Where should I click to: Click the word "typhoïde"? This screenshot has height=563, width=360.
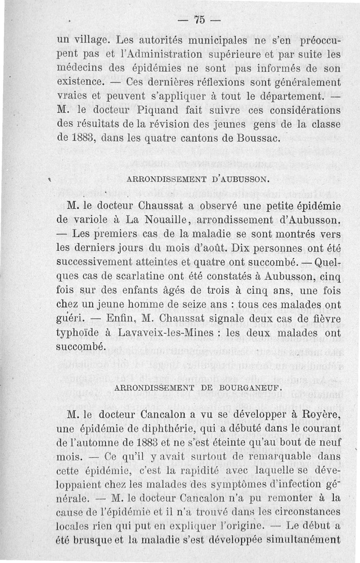81,333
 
